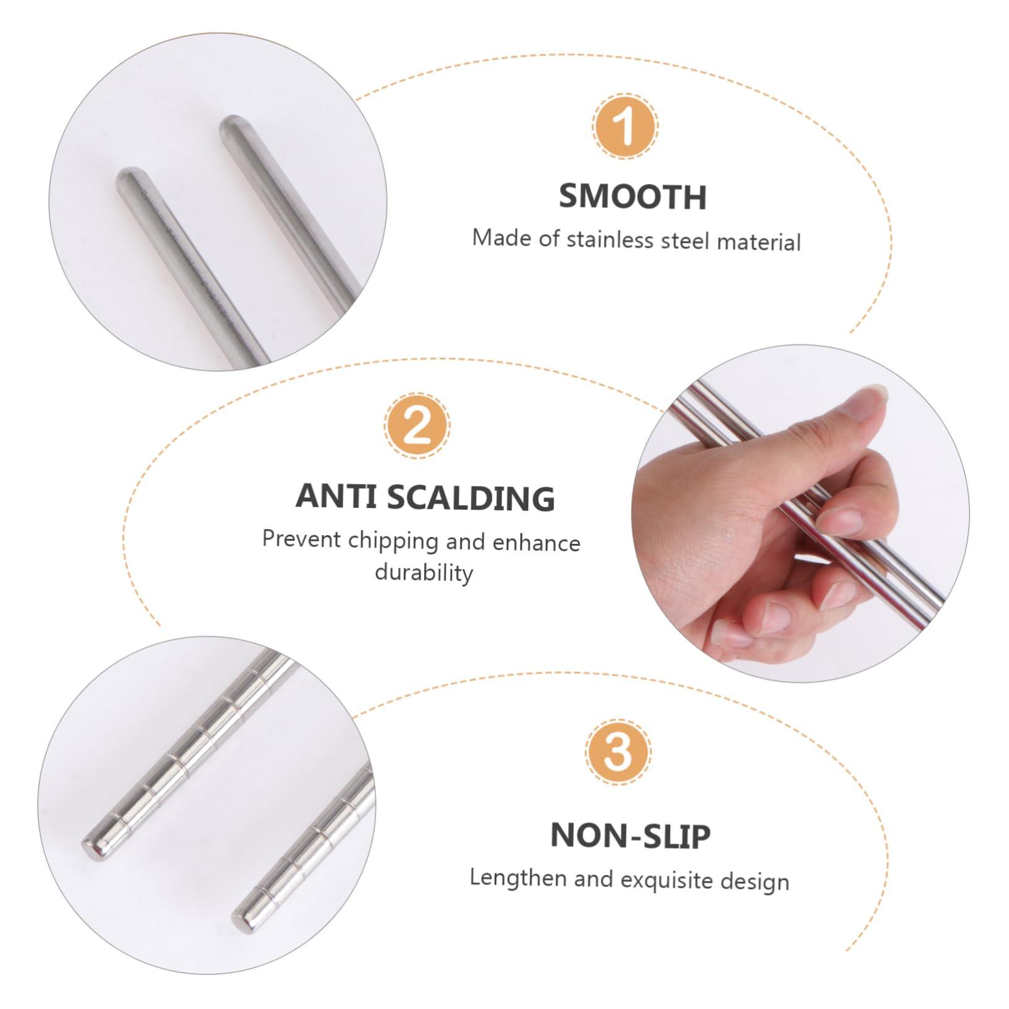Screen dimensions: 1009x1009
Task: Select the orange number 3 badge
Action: click(x=618, y=753)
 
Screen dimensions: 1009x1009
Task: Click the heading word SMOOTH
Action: click(x=632, y=196)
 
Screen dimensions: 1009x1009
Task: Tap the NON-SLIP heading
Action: click(x=630, y=835)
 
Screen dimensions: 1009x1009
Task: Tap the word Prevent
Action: click(x=301, y=539)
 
